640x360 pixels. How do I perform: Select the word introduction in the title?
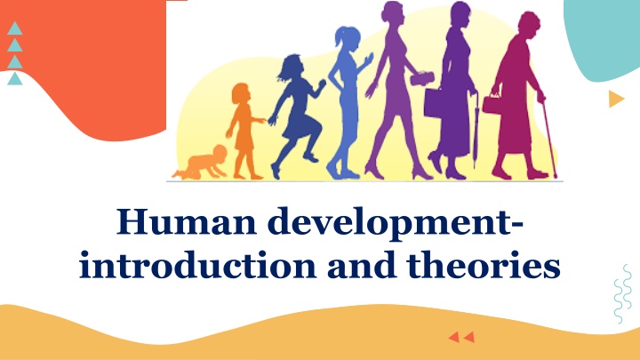pyautogui.click(x=197, y=264)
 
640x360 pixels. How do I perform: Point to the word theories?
pyautogui.click(x=484, y=264)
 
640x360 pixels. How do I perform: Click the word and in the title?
pyautogui.click(x=361, y=264)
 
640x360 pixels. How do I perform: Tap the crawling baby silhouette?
pyautogui.click(x=201, y=164)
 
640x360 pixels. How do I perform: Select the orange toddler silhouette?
pyautogui.click(x=244, y=131)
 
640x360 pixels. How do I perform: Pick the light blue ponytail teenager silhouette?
pyautogui.click(x=348, y=103)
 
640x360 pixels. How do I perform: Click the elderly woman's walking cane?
pyautogui.click(x=549, y=139)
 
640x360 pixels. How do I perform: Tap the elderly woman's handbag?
pyautogui.click(x=492, y=104)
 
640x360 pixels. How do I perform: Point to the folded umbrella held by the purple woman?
pyautogui.click(x=476, y=131)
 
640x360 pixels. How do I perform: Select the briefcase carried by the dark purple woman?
pyautogui.click(x=434, y=103)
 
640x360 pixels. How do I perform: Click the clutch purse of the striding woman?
pyautogui.click(x=422, y=78)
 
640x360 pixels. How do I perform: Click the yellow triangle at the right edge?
pyautogui.click(x=616, y=99)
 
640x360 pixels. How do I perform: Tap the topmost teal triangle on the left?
pyautogui.click(x=15, y=29)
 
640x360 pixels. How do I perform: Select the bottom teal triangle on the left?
pyautogui.click(x=15, y=79)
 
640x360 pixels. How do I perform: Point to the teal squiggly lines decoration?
pyautogui.click(x=623, y=294)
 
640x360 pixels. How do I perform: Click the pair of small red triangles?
pyautogui.click(x=461, y=337)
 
